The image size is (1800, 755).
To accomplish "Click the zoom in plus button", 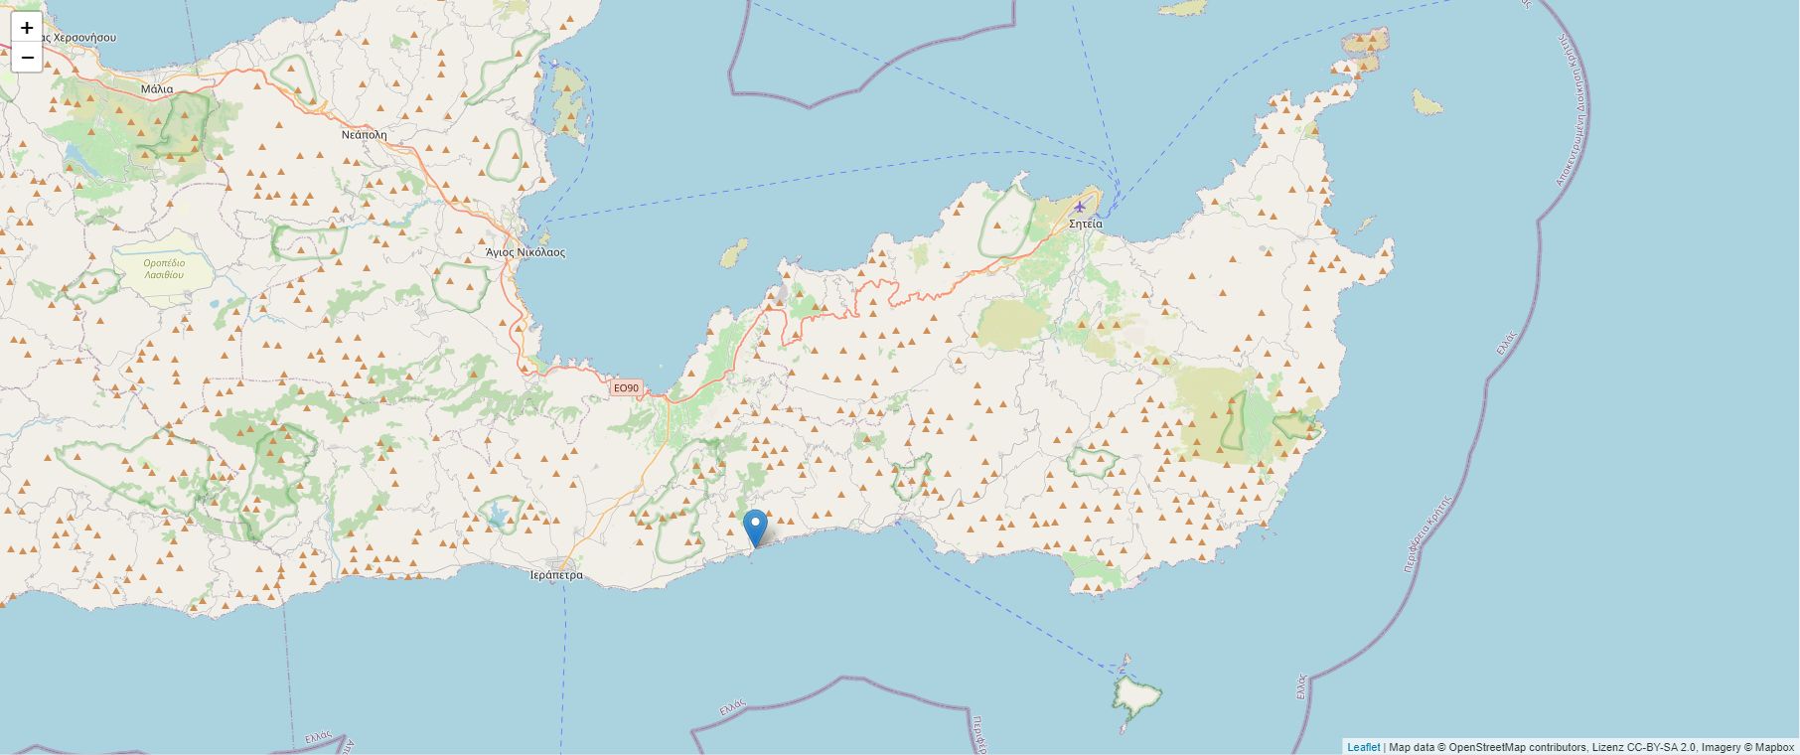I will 27,28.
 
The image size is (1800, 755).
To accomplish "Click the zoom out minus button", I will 27,58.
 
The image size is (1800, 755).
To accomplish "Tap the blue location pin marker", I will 755,527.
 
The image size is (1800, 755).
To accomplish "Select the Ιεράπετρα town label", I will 556,575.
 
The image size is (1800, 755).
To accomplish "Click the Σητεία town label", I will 1085,224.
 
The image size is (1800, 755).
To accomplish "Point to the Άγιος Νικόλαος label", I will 525,252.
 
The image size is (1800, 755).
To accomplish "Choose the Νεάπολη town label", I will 365,134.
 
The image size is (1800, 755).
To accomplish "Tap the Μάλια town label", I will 157,88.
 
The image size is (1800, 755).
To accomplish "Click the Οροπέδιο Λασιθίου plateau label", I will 164,268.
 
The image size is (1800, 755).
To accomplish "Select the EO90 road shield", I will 626,388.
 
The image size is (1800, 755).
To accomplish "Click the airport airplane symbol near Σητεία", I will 1079,207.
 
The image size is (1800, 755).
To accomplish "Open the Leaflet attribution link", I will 1363,747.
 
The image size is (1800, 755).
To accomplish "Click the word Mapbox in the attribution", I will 1774,747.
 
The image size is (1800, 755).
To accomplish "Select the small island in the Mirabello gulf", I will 734,254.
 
